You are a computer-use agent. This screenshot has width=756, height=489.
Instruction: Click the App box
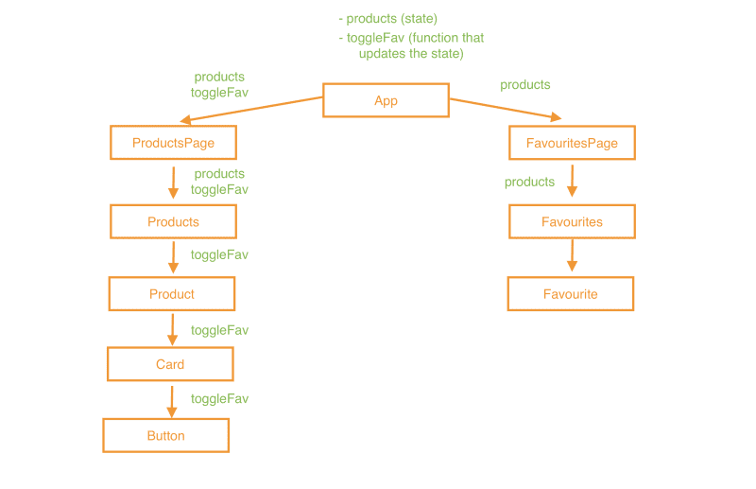tap(386, 100)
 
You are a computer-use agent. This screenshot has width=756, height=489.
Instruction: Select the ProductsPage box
tap(173, 143)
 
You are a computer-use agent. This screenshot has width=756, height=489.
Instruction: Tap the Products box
tap(173, 221)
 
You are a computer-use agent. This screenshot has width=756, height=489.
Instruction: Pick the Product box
tap(172, 294)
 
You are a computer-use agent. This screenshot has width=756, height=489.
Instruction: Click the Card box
tap(170, 364)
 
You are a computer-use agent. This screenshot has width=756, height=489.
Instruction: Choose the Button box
tap(165, 436)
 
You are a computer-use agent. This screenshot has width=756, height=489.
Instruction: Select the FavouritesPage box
tap(572, 143)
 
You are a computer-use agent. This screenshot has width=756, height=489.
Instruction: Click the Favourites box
tap(572, 221)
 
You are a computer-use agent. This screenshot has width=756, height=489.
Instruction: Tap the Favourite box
tap(571, 294)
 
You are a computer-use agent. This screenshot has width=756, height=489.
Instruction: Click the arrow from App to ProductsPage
tap(251, 109)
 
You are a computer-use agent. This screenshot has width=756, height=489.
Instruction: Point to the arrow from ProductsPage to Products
tap(173, 182)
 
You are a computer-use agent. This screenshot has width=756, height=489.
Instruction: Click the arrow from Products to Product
tap(173, 257)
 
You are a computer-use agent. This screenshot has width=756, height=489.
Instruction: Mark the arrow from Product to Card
tap(172, 329)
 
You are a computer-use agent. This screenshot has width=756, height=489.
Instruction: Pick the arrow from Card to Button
tap(171, 401)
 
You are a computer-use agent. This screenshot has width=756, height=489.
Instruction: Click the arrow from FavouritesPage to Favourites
tap(572, 182)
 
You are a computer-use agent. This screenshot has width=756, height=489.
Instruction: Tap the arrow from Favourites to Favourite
tap(572, 255)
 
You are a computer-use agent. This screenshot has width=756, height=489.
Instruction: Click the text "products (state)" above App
tap(391, 18)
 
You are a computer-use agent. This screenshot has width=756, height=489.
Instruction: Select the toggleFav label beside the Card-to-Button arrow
tap(219, 398)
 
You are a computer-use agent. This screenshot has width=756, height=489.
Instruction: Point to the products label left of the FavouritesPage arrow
tap(529, 182)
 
